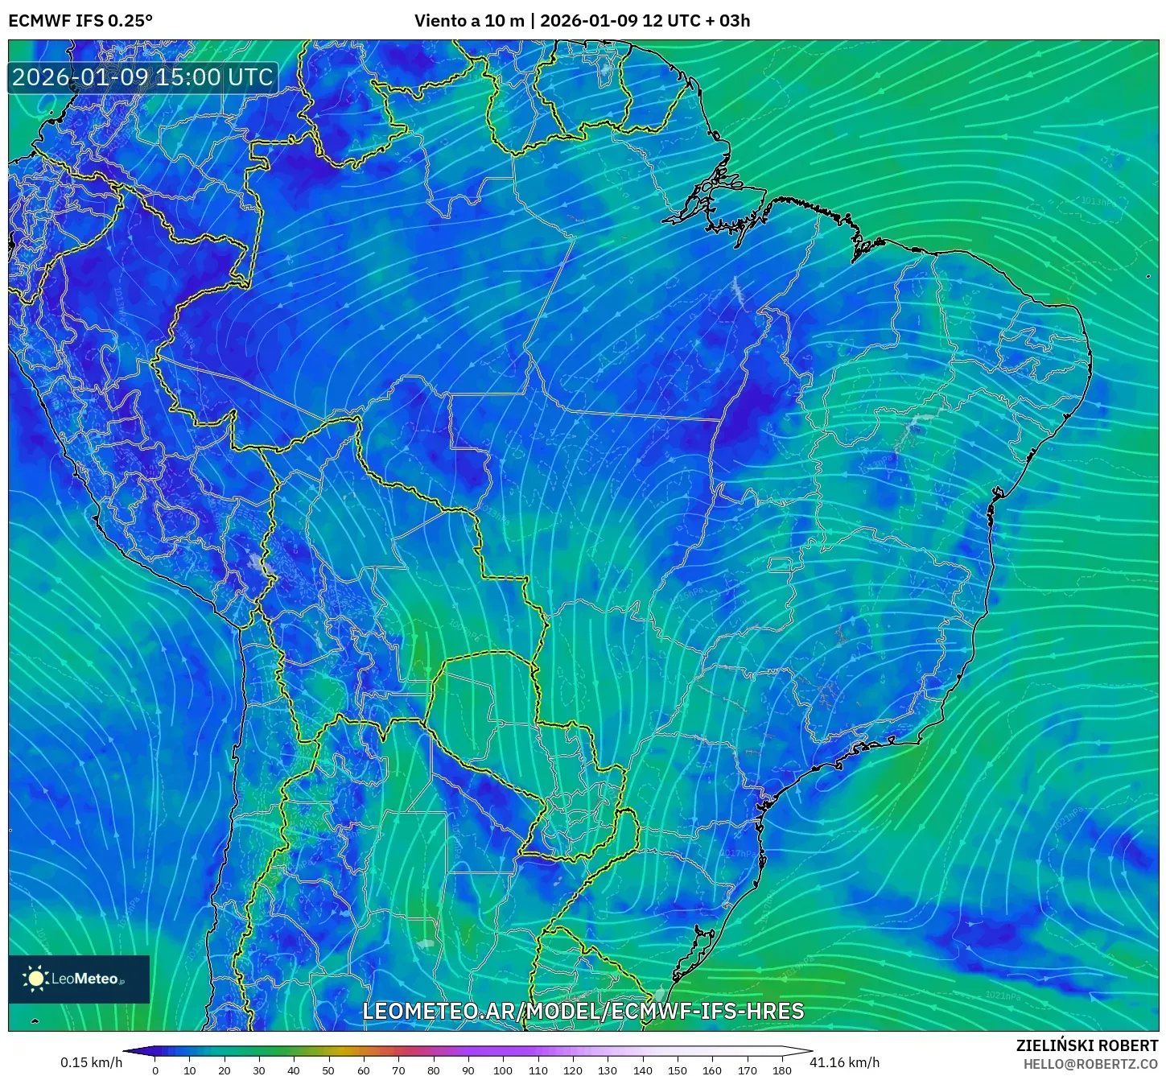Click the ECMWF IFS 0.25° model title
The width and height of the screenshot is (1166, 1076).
pyautogui.click(x=80, y=21)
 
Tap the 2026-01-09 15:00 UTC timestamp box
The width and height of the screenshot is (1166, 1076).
pyautogui.click(x=142, y=77)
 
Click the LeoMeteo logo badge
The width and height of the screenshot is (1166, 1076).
pyautogui.click(x=79, y=979)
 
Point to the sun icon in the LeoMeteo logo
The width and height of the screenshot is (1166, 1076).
pyautogui.click(x=35, y=979)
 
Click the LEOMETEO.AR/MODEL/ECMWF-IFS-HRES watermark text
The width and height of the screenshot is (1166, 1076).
pyautogui.click(x=583, y=1012)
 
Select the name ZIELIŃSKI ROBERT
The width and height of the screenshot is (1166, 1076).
pyautogui.click(x=1087, y=1045)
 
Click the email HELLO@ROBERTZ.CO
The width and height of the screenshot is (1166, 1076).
pyautogui.click(x=1090, y=1064)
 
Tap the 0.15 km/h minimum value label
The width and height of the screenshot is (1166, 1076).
pyautogui.click(x=91, y=1062)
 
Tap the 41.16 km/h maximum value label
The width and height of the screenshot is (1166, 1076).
pyautogui.click(x=844, y=1062)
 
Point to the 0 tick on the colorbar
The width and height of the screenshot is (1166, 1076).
pyautogui.click(x=155, y=1070)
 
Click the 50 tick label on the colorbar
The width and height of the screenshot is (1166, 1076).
pyautogui.click(x=328, y=1070)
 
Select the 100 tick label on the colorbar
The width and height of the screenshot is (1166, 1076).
pyautogui.click(x=503, y=1070)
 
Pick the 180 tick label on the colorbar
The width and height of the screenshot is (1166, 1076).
pyautogui.click(x=782, y=1070)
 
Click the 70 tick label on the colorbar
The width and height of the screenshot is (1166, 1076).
pyautogui.click(x=398, y=1070)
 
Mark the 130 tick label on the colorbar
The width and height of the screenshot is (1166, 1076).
pyautogui.click(x=608, y=1070)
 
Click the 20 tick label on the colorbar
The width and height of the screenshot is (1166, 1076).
pyautogui.click(x=225, y=1070)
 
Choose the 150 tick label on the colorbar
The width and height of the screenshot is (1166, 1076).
pyautogui.click(x=678, y=1070)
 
